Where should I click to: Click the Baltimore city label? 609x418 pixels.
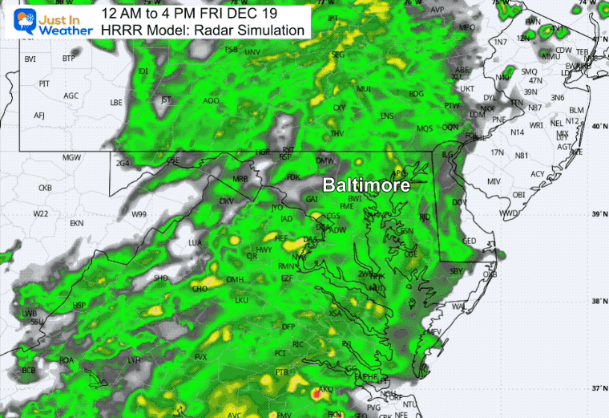pyautogui.click(x=366, y=185)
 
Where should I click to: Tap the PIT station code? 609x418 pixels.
pyautogui.click(x=45, y=83)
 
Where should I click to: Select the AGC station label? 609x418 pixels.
pyautogui.click(x=71, y=95)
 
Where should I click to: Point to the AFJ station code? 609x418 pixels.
pyautogui.click(x=39, y=116)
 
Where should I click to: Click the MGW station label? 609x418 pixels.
pyautogui.click(x=71, y=157)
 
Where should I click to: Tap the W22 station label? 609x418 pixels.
pyautogui.click(x=41, y=213)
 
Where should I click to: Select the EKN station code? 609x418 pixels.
pyautogui.click(x=77, y=222)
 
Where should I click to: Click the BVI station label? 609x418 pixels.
pyautogui.click(x=30, y=59)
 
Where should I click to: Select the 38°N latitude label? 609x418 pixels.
pyautogui.click(x=595, y=302)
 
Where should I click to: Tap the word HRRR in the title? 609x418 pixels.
pyautogui.click(x=119, y=30)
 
